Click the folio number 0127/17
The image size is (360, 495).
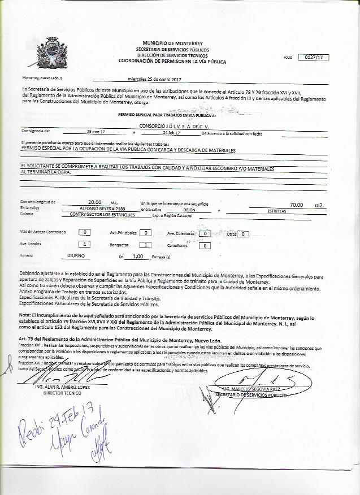(x=314, y=57)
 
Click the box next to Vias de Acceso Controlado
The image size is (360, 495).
(x=84, y=232)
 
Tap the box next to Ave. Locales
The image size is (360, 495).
(x=84, y=244)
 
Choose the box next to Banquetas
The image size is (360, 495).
(x=145, y=245)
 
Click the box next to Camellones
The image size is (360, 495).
(x=206, y=245)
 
